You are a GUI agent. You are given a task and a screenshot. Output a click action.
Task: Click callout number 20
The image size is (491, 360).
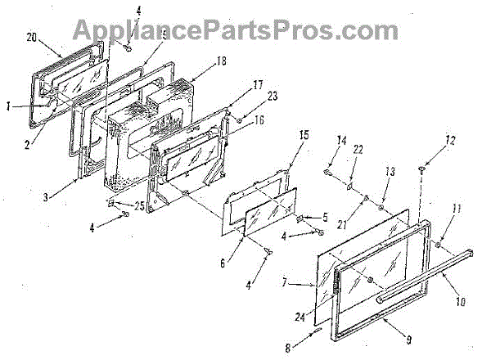coord(32,38)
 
